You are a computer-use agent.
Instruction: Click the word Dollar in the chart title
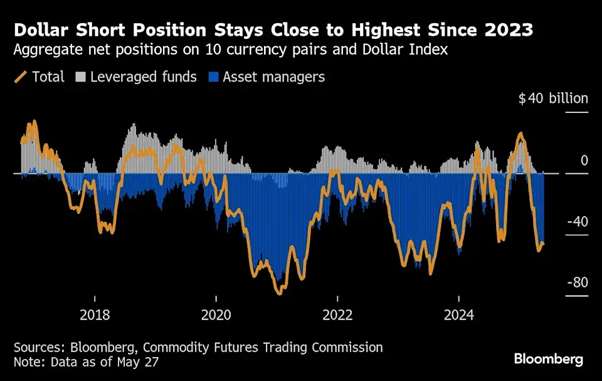[41, 30]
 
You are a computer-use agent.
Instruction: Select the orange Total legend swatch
[21, 77]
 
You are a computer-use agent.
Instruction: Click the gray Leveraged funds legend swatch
[80, 77]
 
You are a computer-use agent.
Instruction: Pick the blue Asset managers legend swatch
[213, 77]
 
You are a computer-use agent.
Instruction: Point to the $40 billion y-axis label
[553, 99]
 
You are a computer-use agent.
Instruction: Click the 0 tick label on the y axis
[584, 161]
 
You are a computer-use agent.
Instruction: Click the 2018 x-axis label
[95, 314]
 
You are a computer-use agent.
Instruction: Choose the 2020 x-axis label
[216, 314]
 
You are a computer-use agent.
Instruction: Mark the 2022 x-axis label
[337, 314]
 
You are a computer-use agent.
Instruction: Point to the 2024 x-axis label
[458, 314]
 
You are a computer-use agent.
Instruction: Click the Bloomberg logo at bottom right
[549, 360]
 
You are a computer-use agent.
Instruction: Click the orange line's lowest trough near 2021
[279, 292]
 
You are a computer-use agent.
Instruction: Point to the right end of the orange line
[543, 244]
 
